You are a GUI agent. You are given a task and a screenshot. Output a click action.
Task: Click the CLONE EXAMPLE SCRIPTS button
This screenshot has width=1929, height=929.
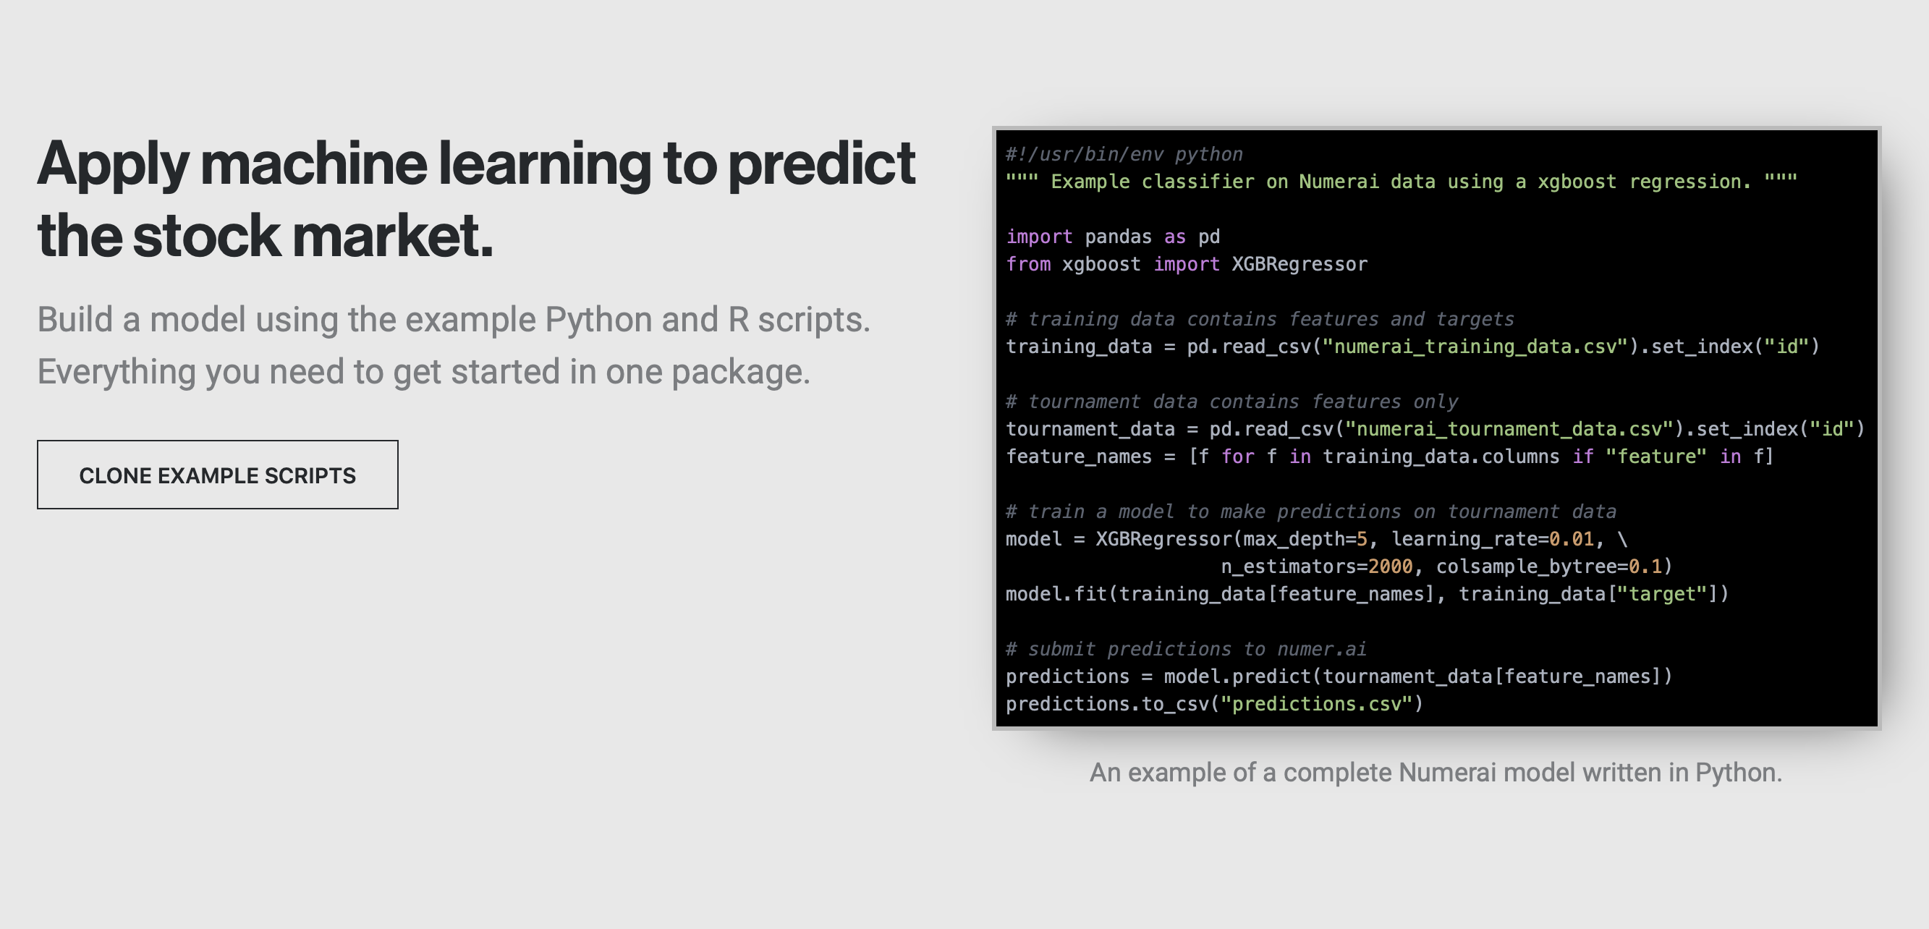click(217, 475)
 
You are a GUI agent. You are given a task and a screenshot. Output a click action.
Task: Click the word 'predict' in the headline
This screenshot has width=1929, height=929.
click(821, 164)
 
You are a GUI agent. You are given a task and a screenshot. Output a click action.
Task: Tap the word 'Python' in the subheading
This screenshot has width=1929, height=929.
click(598, 320)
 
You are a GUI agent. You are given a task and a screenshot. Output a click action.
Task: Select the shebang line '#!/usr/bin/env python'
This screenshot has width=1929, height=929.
click(1123, 154)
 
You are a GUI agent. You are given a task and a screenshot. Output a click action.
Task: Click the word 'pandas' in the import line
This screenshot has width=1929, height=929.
click(1118, 237)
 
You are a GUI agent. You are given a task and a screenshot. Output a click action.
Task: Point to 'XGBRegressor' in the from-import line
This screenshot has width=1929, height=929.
click(1300, 263)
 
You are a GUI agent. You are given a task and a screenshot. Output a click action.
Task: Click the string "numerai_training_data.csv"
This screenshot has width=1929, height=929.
click(1475, 347)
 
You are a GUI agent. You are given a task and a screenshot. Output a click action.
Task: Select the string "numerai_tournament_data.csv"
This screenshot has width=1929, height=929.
click(1508, 429)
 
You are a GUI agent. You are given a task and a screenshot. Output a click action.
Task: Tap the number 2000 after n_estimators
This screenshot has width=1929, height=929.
click(1390, 567)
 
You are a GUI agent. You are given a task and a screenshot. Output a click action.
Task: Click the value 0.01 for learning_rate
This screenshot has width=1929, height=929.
click(1571, 539)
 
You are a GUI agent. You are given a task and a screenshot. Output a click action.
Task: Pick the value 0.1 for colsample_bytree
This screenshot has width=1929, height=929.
click(1645, 567)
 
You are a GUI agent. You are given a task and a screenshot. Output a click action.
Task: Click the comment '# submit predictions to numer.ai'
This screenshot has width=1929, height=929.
click(1186, 649)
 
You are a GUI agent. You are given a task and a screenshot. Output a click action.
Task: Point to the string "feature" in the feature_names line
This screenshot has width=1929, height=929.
click(1655, 457)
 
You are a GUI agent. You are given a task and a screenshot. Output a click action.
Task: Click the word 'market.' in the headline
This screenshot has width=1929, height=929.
click(392, 236)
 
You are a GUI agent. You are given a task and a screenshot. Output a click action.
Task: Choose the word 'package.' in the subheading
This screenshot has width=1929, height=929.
click(741, 372)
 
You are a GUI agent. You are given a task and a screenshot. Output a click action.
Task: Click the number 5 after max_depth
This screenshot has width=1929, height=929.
click(1362, 539)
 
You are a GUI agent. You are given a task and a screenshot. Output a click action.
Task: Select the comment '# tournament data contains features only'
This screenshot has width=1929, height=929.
click(1231, 402)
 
